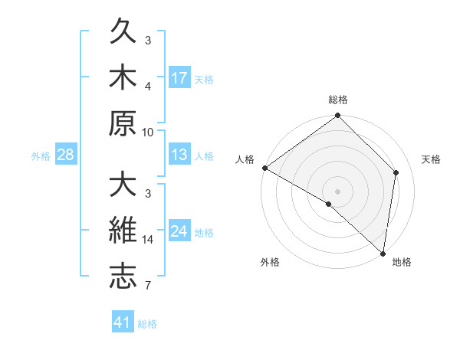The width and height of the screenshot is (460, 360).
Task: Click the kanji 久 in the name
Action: coord(123,34)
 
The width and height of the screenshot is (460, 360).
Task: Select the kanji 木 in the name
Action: coord(123,78)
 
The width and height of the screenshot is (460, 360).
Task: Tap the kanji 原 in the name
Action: coord(123,123)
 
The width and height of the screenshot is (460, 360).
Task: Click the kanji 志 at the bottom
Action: coord(123,277)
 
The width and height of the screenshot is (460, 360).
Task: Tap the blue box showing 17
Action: coord(179,77)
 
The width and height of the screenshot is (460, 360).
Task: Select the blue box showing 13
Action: coord(179,155)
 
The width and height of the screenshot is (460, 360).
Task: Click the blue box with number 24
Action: coord(179,231)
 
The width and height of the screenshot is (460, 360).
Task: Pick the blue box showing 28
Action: coord(66,155)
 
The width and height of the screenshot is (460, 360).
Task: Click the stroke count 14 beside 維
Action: coord(148,240)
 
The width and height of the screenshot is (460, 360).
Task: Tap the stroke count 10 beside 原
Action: coord(148,132)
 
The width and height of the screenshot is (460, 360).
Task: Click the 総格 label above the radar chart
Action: coord(338,100)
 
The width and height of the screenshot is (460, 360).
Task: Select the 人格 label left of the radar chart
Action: coord(245,159)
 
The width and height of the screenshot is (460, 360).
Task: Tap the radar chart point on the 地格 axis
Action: coord(383,253)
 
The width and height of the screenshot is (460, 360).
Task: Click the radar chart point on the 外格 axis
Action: coord(329,204)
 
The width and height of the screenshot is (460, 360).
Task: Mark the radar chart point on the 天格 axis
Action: coord(396,172)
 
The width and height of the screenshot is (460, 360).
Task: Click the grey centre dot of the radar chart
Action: coord(338,191)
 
